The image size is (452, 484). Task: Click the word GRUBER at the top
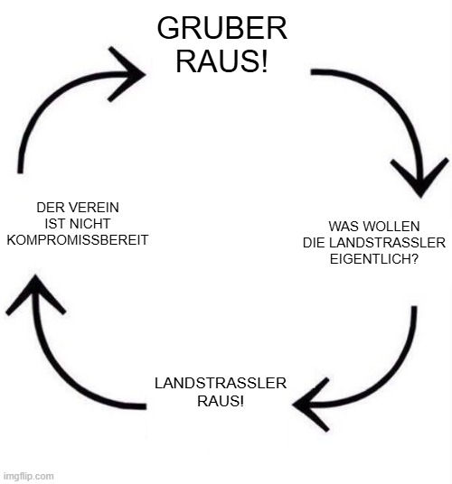[222, 28]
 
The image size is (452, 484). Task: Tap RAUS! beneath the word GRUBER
[221, 61]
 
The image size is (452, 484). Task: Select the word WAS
[340, 227]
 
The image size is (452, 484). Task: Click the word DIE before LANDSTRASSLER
[314, 243]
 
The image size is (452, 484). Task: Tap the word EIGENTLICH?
[374, 258]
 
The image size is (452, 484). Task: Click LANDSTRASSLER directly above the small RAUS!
[221, 383]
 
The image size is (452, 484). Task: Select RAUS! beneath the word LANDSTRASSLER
[221, 401]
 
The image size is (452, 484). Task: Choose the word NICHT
[89, 224]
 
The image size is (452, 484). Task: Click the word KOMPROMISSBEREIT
[78, 240]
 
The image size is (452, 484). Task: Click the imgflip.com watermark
[28, 476]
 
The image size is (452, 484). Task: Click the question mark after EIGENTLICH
[415, 258]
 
